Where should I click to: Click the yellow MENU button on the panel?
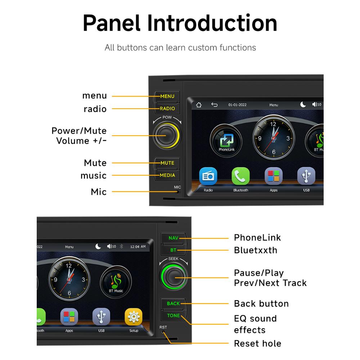coord(167,96)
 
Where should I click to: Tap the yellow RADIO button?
coord(167,108)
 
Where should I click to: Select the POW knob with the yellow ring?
coord(167,135)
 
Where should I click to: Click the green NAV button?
coord(174,238)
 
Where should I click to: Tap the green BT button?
coord(174,250)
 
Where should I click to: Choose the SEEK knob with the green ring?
coord(174,276)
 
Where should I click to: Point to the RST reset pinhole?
coord(163,332)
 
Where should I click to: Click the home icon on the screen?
coord(199,105)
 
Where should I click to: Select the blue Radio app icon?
coord(208,176)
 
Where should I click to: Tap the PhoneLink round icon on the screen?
coord(226,140)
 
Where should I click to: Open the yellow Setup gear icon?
coord(134,317)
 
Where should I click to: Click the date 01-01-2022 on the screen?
coord(237,105)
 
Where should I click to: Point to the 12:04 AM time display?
coord(138,247)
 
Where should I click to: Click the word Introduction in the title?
coord(212,23)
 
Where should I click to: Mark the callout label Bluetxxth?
coord(256,250)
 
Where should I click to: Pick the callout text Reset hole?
coord(258,344)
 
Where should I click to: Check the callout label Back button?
coord(261,304)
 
